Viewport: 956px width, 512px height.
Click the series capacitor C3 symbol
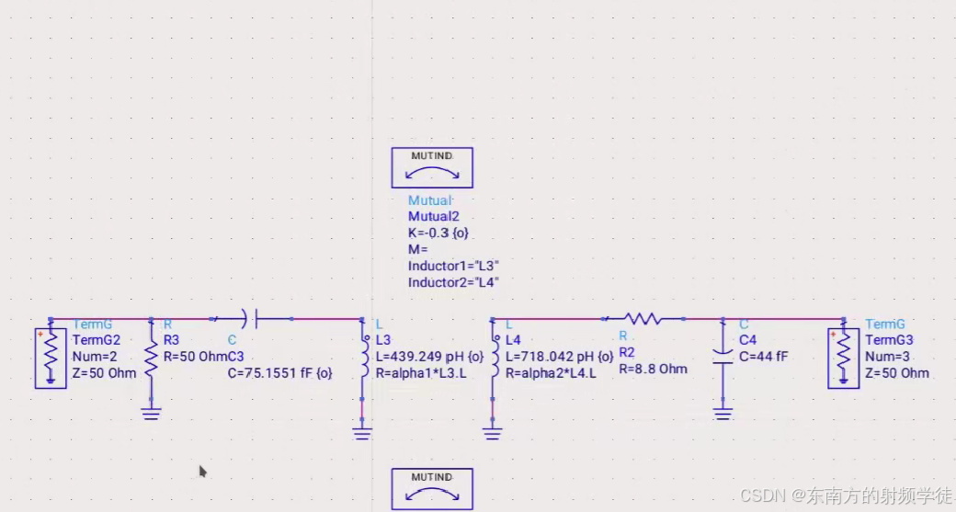[251, 319]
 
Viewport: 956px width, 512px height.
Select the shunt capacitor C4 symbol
[723, 358]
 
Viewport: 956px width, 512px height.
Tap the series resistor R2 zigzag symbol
[644, 319]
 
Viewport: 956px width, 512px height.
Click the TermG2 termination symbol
[51, 358]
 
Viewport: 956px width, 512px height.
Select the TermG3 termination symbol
[843, 358]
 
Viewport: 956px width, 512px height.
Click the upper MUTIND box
[432, 168]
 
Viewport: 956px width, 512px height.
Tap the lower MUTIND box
[432, 489]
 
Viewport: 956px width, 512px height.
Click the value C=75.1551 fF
[279, 373]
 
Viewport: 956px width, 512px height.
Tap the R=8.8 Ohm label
[653, 370]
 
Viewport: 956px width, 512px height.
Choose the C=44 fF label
[762, 357]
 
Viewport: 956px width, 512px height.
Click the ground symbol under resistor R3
[152, 413]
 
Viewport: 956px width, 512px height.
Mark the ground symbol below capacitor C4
[723, 414]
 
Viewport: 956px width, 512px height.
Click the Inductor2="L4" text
[453, 283]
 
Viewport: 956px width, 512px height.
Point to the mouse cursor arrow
[202, 471]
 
